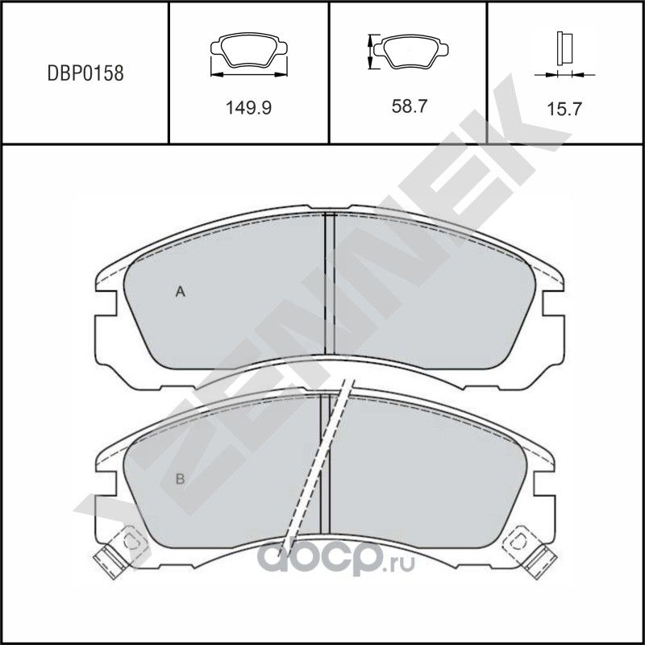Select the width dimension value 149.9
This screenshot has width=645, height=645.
[x=248, y=107]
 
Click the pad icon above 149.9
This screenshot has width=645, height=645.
[x=248, y=56]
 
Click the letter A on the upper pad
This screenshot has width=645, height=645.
[x=181, y=293]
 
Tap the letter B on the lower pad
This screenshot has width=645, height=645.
[x=181, y=480]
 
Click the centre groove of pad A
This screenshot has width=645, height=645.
[x=328, y=282]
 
